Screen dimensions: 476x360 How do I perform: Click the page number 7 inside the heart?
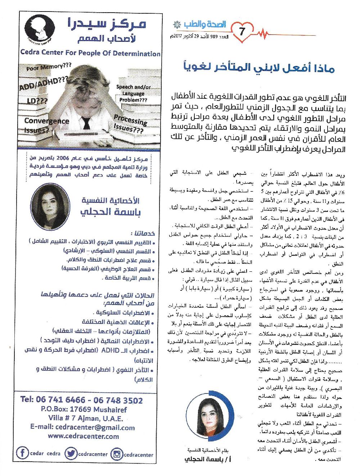coord(242,32)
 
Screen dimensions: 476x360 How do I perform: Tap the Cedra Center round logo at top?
coord(40,28)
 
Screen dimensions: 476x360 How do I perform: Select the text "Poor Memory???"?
coord(49,67)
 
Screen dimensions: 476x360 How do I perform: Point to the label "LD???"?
coord(37,101)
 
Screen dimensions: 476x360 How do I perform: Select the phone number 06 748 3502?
coord(118,400)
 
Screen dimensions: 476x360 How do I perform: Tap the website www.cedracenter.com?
coord(84,436)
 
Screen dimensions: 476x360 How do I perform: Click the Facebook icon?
coord(23,453)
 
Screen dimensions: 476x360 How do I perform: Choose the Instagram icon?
coord(117,454)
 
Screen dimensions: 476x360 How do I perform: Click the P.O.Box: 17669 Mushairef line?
coord(84,409)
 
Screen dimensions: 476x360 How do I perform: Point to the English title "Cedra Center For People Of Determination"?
coord(90,53)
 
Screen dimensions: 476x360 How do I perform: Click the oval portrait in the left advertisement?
coord(50,207)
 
